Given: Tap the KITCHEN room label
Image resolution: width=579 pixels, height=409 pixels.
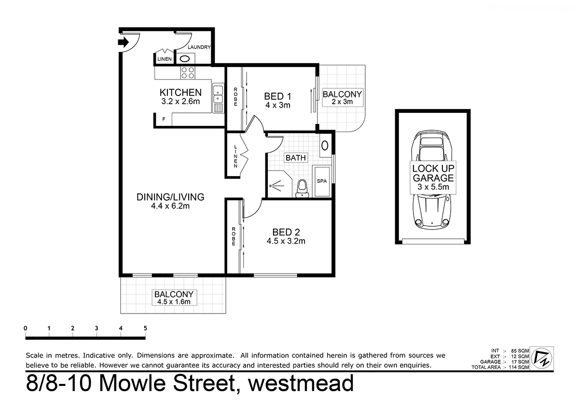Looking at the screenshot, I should pos(180,93).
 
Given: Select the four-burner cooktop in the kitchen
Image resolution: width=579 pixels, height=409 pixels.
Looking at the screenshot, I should pos(187,73).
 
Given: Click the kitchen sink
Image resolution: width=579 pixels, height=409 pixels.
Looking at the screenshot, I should pos(218,94).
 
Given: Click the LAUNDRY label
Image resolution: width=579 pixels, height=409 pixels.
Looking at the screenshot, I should pos(199,47).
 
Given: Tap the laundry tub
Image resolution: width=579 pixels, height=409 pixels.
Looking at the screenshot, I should pos(185,59).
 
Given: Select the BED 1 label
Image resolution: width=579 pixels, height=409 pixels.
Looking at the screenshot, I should pos(277,96).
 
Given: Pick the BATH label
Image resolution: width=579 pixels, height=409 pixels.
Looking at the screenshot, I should pos(295,158).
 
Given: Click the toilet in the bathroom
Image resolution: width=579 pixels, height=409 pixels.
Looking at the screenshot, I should pos(302,188).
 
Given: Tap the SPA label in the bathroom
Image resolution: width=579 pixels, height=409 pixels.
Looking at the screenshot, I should pos(321,180).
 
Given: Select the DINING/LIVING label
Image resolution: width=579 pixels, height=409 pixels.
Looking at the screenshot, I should pos(170,197).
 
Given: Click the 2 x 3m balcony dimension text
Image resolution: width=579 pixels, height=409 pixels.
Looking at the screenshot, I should pos(342,102).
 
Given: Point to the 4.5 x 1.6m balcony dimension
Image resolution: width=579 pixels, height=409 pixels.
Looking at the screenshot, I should pos(174,302).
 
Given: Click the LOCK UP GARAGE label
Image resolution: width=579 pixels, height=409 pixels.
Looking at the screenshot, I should pos(432,173).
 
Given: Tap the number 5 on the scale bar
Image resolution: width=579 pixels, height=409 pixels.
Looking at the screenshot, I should pos(145,328).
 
